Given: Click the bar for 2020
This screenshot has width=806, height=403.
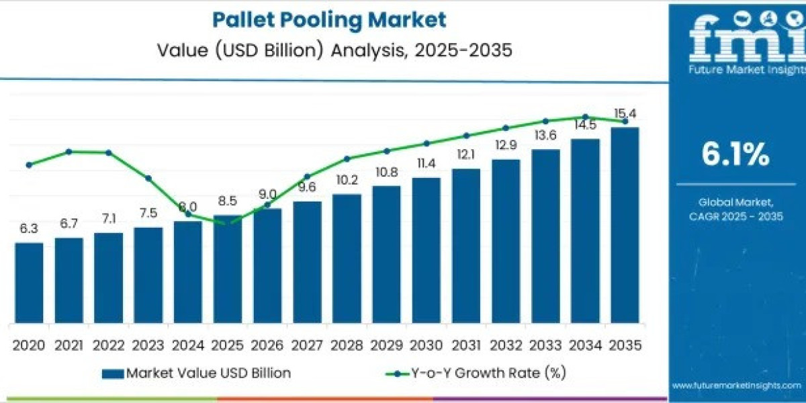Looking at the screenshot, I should (x=29, y=282).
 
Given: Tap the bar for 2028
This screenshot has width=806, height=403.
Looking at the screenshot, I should (x=347, y=259).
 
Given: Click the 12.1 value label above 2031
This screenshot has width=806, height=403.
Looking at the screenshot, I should (x=465, y=154).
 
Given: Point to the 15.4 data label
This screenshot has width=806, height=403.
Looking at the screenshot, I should (x=625, y=112).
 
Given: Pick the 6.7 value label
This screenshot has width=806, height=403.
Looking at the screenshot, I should (x=69, y=223).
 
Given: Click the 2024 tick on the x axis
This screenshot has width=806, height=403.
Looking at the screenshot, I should (x=187, y=345).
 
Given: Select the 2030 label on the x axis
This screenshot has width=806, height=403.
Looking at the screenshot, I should (x=426, y=345).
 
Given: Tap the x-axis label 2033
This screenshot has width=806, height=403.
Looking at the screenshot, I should (x=545, y=345).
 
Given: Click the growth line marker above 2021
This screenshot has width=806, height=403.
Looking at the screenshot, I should (x=69, y=152).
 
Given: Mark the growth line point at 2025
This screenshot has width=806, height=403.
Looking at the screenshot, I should (x=227, y=223).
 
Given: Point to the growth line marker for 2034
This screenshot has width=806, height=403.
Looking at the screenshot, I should (x=585, y=117).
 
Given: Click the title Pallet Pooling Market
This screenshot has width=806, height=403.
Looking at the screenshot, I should (x=329, y=19).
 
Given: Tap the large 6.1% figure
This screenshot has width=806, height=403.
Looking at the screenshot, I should (x=735, y=155).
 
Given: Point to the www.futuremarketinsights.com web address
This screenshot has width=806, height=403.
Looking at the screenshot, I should (x=735, y=386).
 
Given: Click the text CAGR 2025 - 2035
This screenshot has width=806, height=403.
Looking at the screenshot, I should (x=735, y=216).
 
